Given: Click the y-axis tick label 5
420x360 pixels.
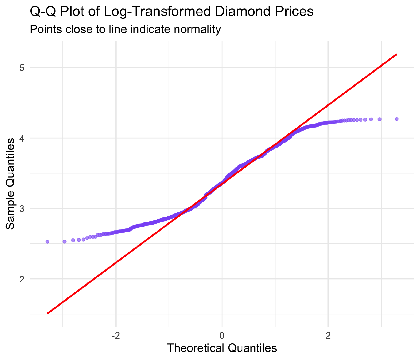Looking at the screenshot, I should point(22,68).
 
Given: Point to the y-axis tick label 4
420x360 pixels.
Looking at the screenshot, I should point(22,138).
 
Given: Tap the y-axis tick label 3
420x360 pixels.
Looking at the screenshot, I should point(22,208).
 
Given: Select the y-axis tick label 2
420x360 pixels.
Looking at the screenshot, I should point(22,279).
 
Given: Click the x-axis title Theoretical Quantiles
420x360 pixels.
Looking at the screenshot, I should point(222,348).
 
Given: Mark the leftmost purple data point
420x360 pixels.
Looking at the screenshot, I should point(47,242).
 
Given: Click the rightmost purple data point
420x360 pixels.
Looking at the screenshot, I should point(397,119).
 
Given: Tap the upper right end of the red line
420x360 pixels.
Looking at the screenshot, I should point(397,54).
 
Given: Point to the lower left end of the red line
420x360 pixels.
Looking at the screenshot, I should point(47,313).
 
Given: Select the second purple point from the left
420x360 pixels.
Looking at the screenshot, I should point(64,242).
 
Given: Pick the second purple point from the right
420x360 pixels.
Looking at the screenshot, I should point(379,119).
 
